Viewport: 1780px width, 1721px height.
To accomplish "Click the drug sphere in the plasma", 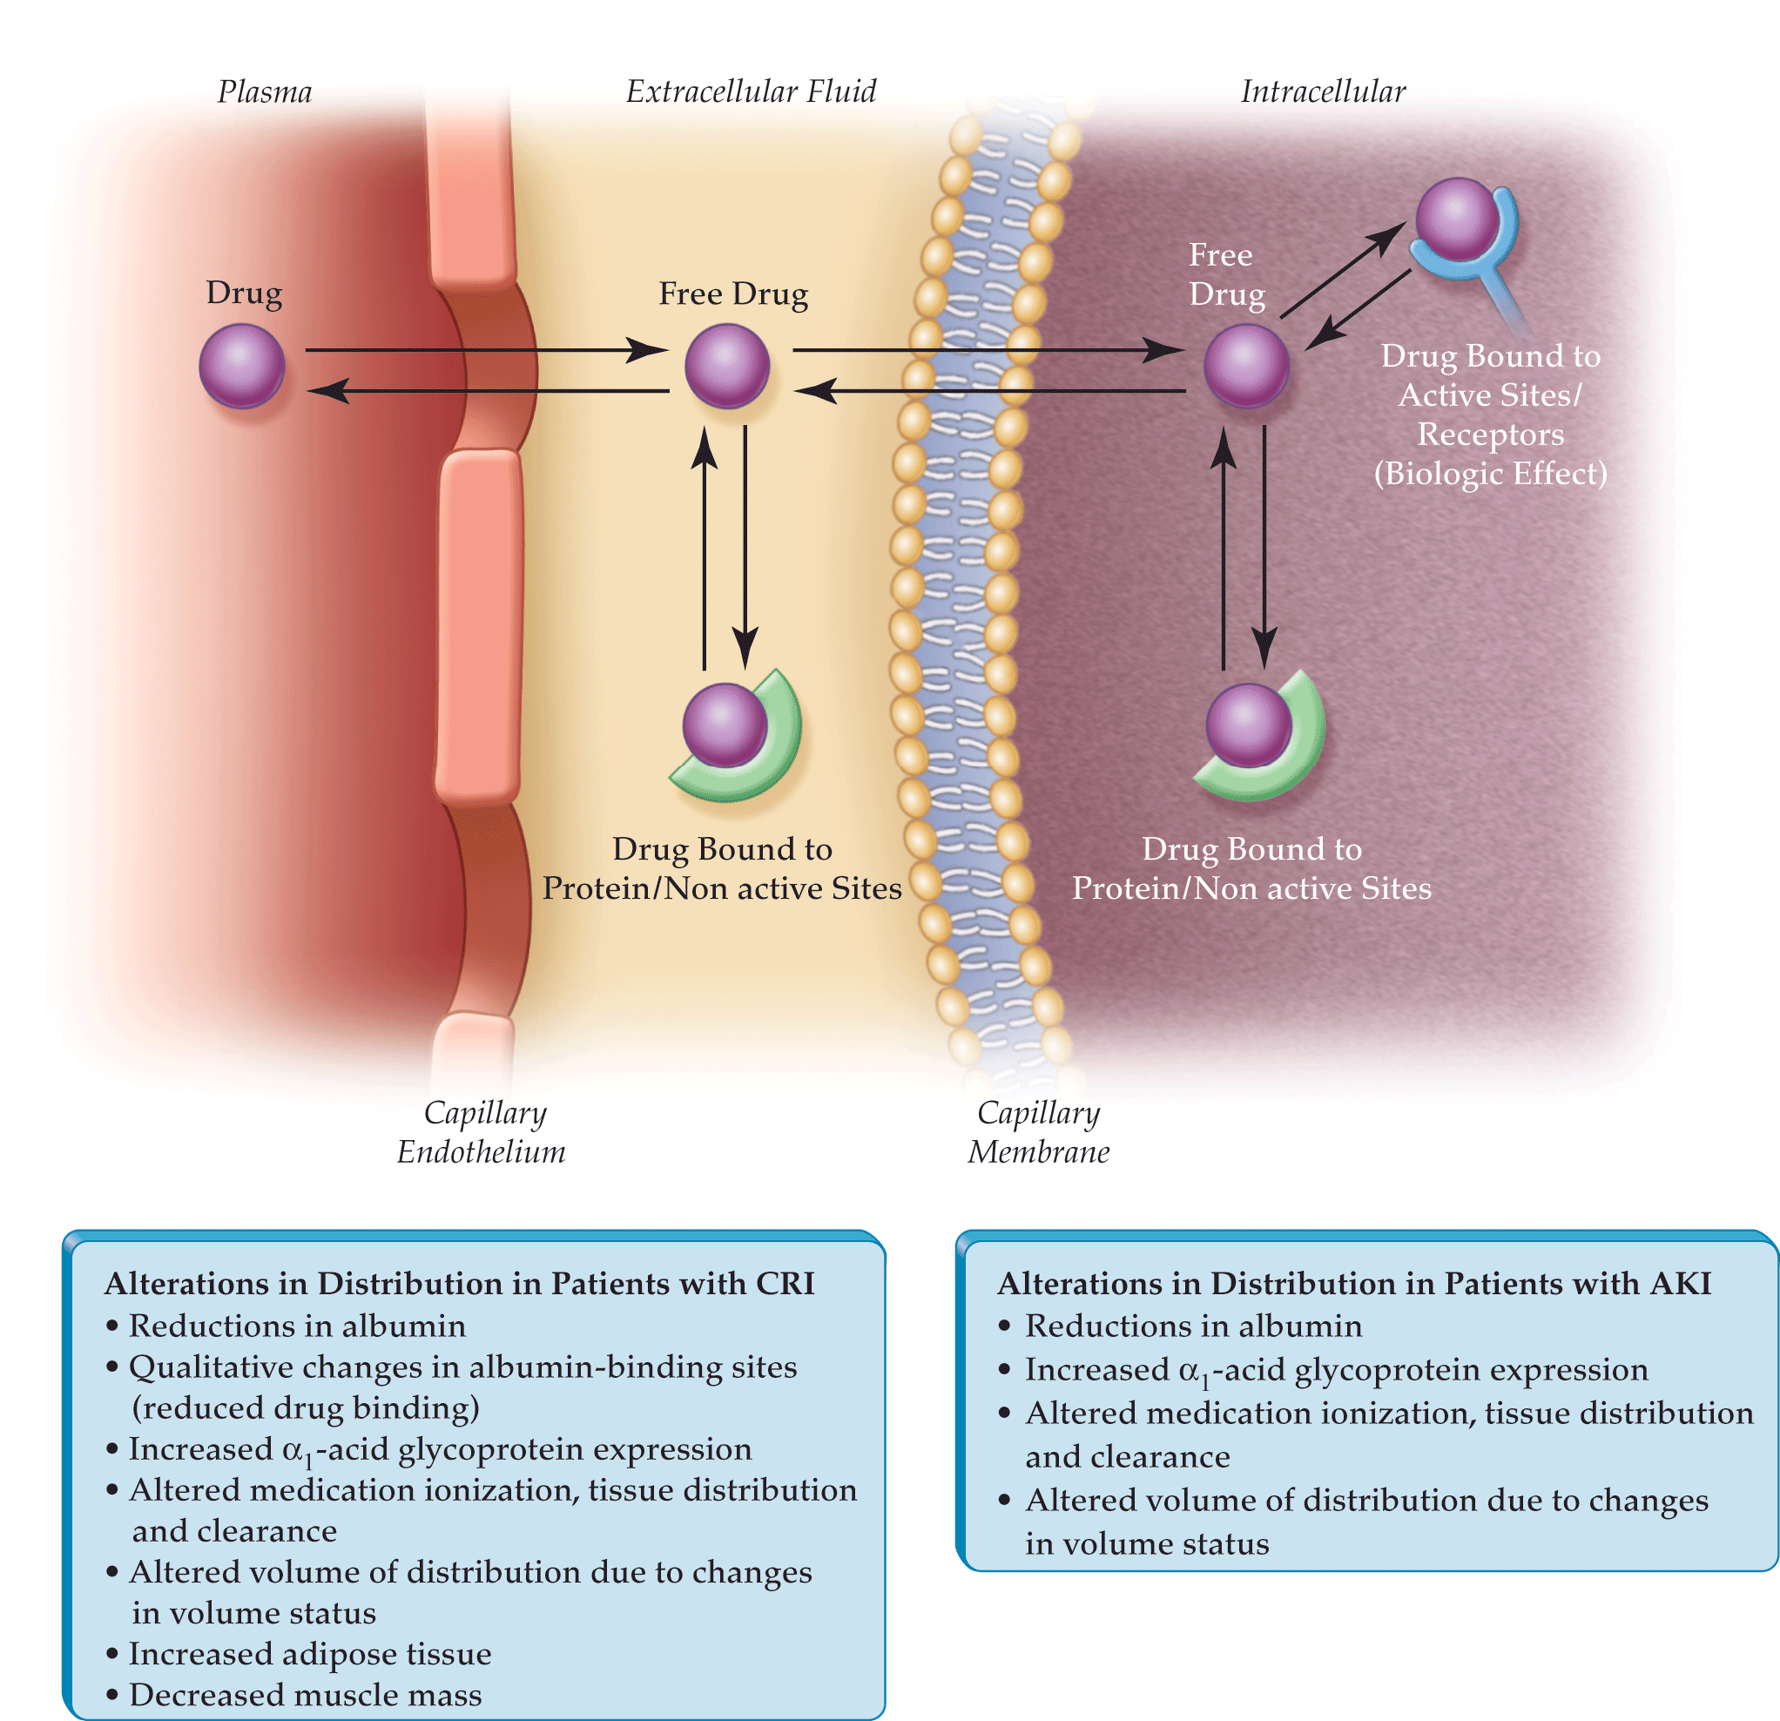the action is pyautogui.click(x=241, y=367).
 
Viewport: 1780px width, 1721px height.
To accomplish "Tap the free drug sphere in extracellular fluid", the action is pyautogui.click(x=726, y=367).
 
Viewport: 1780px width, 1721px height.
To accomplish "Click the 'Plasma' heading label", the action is pyautogui.click(x=264, y=91).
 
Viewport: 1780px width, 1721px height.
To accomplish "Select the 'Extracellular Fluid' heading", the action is pyautogui.click(x=751, y=91).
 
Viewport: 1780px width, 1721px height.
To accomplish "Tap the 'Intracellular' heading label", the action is pyautogui.click(x=1323, y=91).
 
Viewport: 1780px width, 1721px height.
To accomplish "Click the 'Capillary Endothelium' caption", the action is pyautogui.click(x=482, y=1131).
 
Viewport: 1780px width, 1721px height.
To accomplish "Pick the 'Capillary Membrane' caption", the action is pyautogui.click(x=1039, y=1131).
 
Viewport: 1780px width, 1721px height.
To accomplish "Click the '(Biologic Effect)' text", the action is pyautogui.click(x=1490, y=474).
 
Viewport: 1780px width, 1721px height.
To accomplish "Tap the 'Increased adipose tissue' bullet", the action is pyautogui.click(x=299, y=1653).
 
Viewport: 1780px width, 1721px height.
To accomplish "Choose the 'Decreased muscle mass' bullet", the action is pyautogui.click(x=294, y=1694).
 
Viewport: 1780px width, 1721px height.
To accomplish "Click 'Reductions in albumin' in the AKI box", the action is pyautogui.click(x=1181, y=1325).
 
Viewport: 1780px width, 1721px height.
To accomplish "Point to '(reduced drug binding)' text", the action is pyautogui.click(x=306, y=1407).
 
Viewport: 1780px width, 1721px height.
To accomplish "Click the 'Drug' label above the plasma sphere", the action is pyautogui.click(x=243, y=294).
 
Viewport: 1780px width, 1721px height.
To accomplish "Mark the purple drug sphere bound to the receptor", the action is pyautogui.click(x=1458, y=219).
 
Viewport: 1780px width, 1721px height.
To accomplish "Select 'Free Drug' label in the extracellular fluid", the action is pyautogui.click(x=733, y=294).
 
